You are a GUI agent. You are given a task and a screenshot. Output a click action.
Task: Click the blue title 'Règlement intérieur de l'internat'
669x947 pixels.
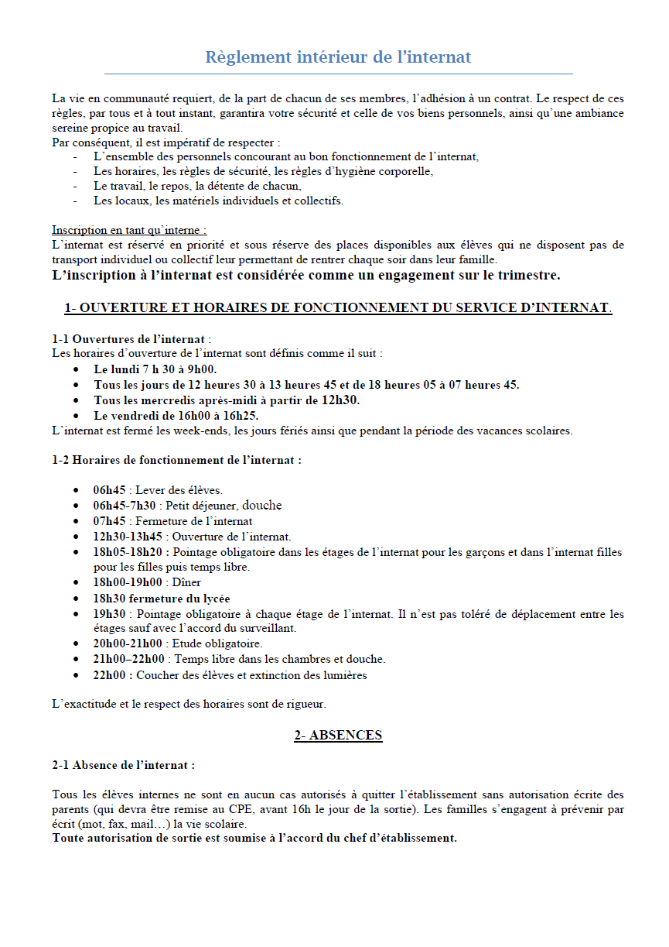click(338, 57)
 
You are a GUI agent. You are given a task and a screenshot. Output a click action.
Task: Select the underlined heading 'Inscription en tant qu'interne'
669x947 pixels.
click(128, 230)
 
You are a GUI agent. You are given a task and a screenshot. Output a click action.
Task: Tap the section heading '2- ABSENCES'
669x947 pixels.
click(338, 735)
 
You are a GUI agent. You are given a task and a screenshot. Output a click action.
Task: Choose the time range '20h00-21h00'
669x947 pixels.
click(128, 643)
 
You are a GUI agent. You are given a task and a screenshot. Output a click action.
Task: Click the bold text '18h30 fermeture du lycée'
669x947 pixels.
click(162, 599)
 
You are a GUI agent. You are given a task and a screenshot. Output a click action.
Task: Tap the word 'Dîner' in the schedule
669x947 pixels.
click(187, 582)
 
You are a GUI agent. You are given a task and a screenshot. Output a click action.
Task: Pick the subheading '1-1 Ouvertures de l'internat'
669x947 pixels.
click(129, 339)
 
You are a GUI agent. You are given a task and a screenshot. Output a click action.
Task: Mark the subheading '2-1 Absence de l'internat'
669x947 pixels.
click(123, 765)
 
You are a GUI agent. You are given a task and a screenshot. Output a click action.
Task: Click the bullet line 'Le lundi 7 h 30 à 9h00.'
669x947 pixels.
click(155, 369)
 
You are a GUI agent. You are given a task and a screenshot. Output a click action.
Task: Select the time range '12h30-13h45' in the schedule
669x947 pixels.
click(128, 537)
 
